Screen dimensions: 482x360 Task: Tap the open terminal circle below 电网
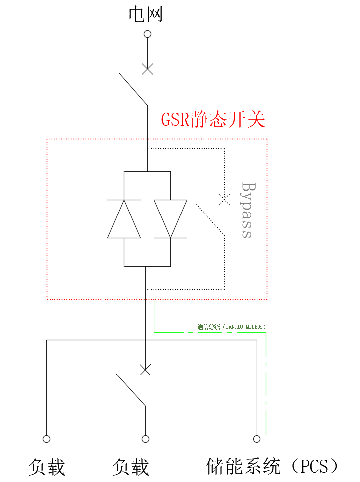(147, 34)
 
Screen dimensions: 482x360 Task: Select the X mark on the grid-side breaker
(147, 69)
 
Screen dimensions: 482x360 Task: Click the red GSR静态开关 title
(213, 120)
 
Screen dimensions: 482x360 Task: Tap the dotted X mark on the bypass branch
(224, 199)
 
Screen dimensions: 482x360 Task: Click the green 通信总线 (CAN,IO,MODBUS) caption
(231, 327)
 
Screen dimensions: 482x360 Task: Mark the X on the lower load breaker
(145, 370)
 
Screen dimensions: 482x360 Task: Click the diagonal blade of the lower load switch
(131, 390)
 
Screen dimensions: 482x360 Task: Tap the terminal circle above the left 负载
(47, 439)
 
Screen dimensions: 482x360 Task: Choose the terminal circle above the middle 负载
(145, 439)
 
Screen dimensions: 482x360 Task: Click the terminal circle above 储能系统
(257, 439)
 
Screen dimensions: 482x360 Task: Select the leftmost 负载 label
(47, 467)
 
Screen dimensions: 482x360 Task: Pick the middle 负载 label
(131, 467)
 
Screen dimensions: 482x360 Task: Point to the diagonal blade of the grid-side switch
(133, 89)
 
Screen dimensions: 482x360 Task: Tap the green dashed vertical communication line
(267, 386)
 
